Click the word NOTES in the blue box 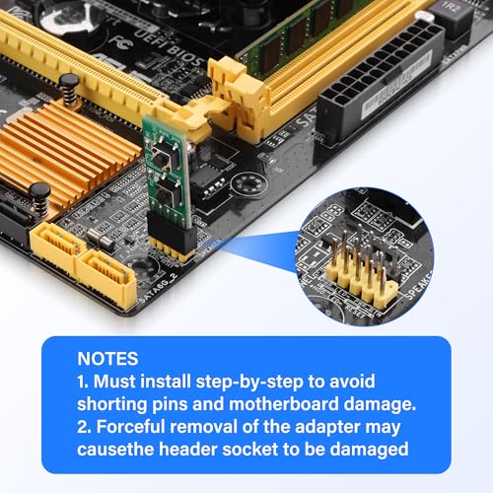pyautogui.click(x=108, y=360)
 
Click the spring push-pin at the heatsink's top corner pyautogui.click(x=70, y=87)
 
